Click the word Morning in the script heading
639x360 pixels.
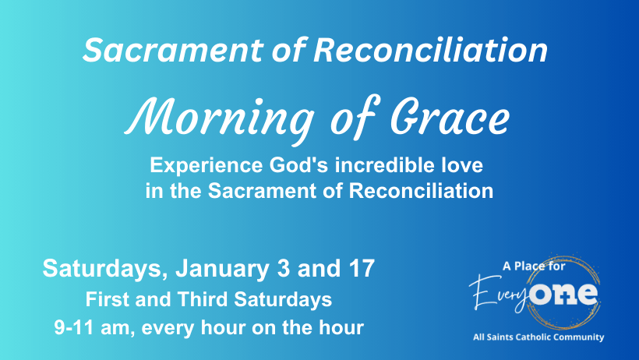pyautogui.click(x=219, y=118)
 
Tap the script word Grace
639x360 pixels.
pyautogui.click(x=450, y=116)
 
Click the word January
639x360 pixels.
pyautogui.click(x=222, y=269)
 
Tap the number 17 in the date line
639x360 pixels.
pyautogui.click(x=361, y=268)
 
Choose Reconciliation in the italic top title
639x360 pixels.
pyautogui.click(x=430, y=50)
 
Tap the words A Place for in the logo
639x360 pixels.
pyautogui.click(x=534, y=266)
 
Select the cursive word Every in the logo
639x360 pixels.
pyautogui.click(x=499, y=293)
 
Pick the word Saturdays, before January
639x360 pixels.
pyautogui.click(x=105, y=269)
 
